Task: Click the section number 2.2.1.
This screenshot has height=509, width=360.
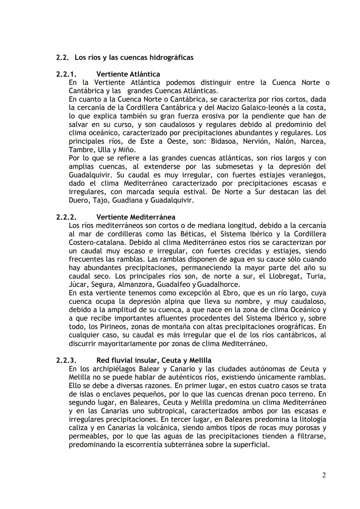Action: (66, 74)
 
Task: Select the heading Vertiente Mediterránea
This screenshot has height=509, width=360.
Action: (136, 217)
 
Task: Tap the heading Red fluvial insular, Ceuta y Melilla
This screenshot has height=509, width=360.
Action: (154, 360)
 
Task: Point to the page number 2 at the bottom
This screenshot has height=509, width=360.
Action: (324, 475)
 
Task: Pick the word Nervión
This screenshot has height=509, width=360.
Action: (256, 141)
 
